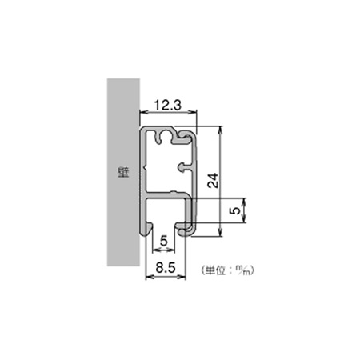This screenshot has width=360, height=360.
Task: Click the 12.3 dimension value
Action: pos(168,105)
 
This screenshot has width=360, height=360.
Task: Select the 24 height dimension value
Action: pos(213,181)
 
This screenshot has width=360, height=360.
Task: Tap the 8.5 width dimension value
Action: pos(166,268)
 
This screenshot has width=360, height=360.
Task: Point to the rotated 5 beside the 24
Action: pos(234,210)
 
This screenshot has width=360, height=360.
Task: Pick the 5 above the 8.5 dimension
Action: pos(163,241)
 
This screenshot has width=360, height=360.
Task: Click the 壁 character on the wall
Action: pos(123,173)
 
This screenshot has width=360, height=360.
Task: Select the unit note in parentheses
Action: pos(227,270)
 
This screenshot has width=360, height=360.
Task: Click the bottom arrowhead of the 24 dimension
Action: pos(220,233)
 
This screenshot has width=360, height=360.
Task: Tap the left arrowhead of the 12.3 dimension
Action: pos(143,112)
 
